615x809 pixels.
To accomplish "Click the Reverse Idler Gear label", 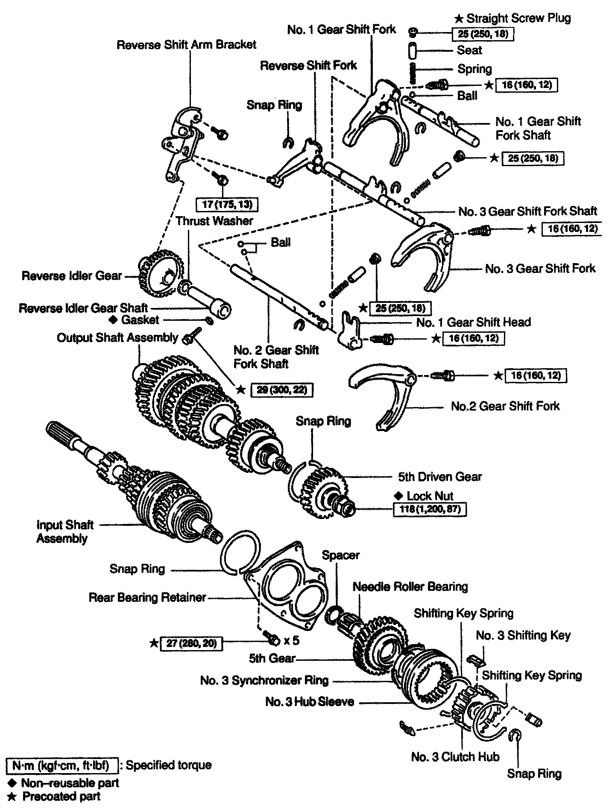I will coord(72,276).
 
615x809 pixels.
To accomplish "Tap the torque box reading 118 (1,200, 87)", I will coord(430,509).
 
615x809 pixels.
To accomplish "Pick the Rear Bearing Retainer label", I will coord(147,597).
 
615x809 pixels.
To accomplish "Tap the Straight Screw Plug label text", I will coord(518,18).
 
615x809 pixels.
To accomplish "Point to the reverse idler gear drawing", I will coord(157,273).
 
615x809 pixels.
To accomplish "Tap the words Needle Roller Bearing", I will coord(410,586).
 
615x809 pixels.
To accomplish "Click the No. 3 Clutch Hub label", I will coord(455,757).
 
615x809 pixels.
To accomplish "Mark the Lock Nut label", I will coord(430,495).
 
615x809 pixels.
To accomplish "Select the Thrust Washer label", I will coord(214,221).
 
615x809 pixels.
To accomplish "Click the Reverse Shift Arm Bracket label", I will coord(187,44).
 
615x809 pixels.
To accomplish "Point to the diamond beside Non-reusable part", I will coord(13,783).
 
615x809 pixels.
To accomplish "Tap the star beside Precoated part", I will coord(13,796).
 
